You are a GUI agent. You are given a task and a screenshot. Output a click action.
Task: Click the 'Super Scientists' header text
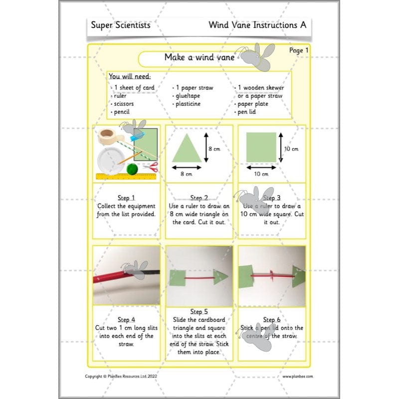pyautogui.click(x=120, y=25)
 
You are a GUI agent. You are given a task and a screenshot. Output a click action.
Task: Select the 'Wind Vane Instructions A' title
pyautogui.click(x=257, y=25)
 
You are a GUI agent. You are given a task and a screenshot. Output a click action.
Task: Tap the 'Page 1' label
pyautogui.click(x=299, y=50)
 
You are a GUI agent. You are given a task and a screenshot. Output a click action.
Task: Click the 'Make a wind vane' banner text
pyautogui.click(x=199, y=57)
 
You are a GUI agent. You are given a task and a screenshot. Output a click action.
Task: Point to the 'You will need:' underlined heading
pyautogui.click(x=130, y=77)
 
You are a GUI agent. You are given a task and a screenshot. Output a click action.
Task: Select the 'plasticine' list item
pyautogui.click(x=188, y=104)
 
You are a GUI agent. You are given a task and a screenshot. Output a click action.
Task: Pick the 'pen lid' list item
pyautogui.click(x=247, y=112)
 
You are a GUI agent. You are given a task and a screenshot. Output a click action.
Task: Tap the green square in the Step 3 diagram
pyautogui.click(x=261, y=148)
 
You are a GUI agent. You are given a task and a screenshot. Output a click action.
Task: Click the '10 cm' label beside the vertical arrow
pyautogui.click(x=291, y=149)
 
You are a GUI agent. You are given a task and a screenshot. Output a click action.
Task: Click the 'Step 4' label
pyautogui.click(x=126, y=320)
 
